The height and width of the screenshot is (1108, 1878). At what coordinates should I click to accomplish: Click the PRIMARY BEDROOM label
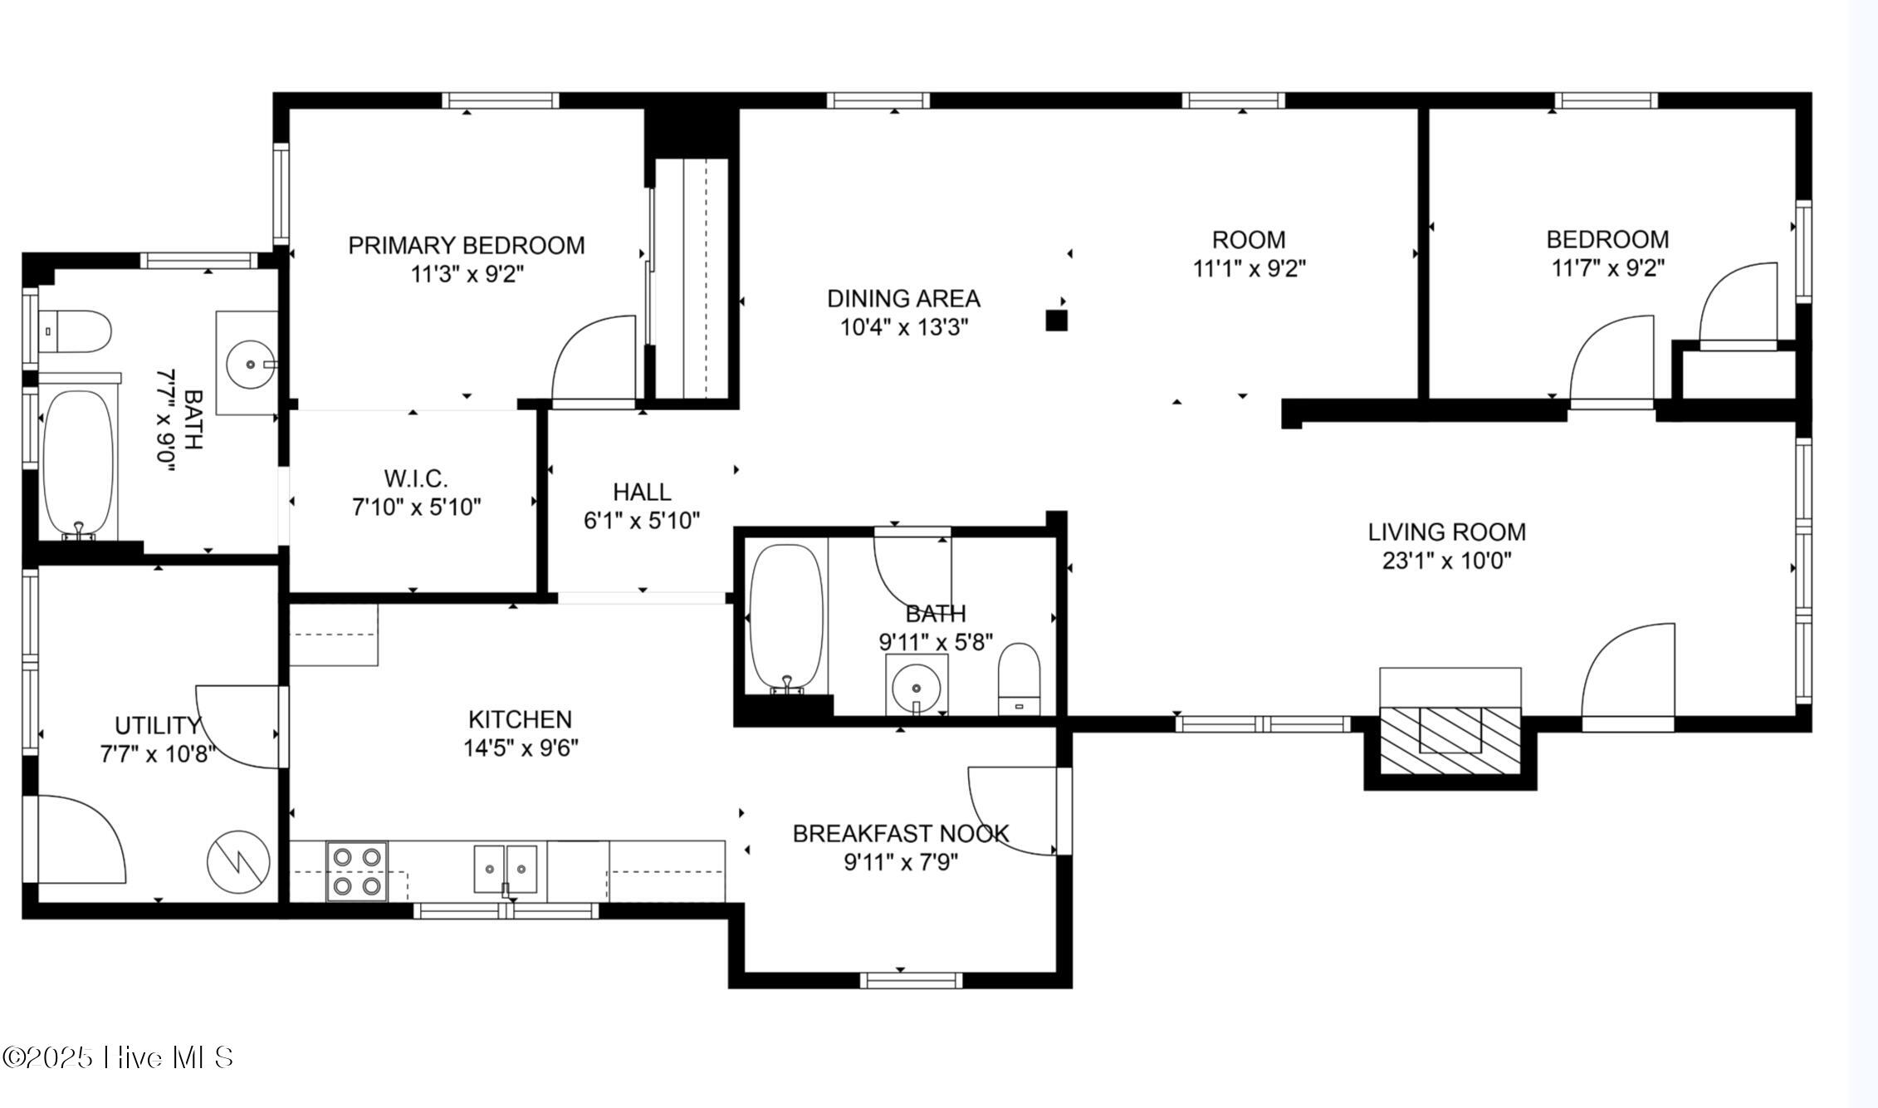tap(466, 246)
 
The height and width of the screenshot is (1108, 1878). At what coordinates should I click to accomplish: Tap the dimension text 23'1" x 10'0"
tap(1446, 561)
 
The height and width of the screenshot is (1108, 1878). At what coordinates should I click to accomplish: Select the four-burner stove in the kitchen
tap(358, 870)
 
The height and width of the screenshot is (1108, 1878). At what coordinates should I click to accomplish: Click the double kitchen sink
tap(506, 870)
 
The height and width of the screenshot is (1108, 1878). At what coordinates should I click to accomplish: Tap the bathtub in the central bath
tap(786, 617)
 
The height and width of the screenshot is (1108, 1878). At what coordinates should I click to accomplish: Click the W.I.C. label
tap(416, 478)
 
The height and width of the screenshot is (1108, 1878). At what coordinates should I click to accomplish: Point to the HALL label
tap(642, 493)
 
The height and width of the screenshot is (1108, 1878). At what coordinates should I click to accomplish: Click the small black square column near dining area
tap(1056, 321)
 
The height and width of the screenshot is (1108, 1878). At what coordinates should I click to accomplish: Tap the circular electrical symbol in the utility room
tap(238, 864)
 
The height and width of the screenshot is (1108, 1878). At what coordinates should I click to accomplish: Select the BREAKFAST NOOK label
tap(901, 834)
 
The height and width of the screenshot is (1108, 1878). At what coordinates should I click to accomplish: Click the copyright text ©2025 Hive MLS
tap(118, 1057)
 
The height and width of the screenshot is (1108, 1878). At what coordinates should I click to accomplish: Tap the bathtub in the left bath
tap(78, 464)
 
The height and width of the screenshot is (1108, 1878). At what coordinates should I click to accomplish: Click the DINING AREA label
tap(903, 298)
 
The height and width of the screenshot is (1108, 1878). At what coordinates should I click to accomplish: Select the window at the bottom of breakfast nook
tap(911, 980)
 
